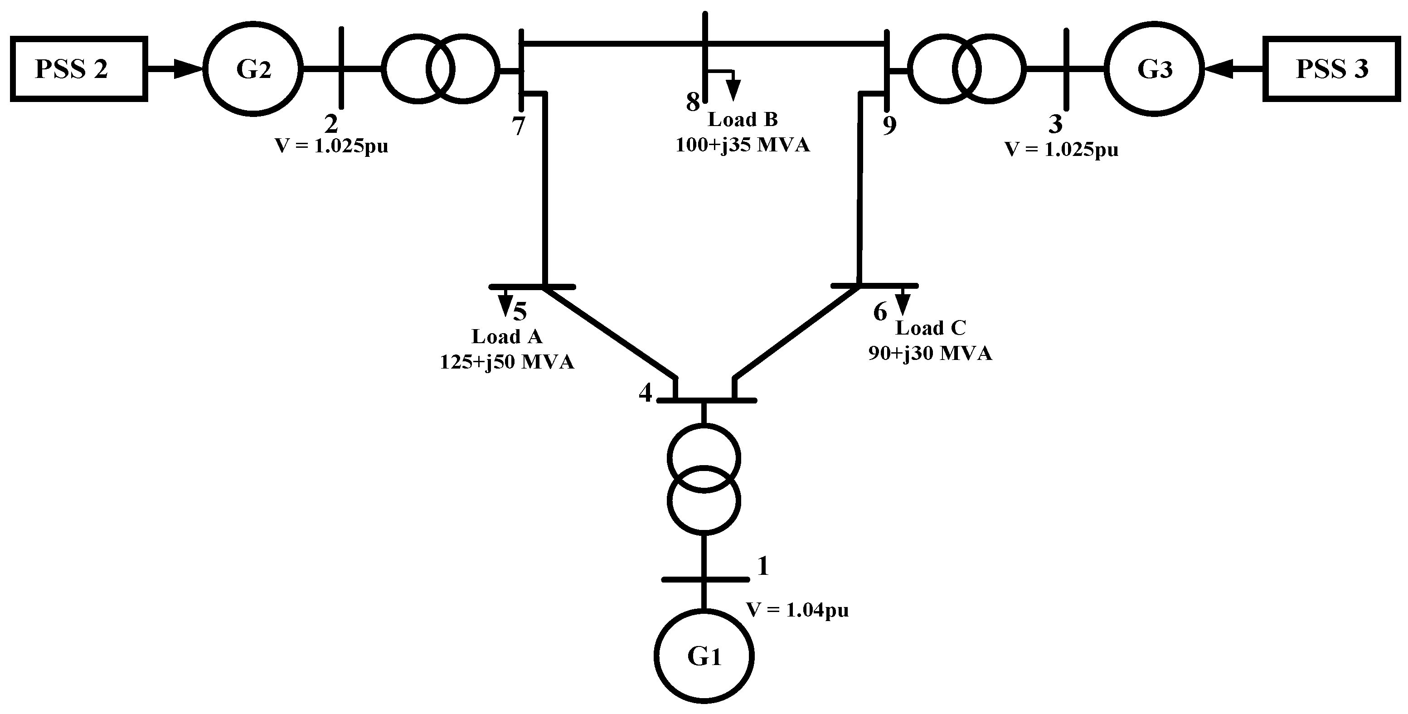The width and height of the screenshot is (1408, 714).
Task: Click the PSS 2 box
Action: pyautogui.click(x=79, y=69)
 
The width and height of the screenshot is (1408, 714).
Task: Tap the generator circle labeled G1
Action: pyautogui.click(x=704, y=656)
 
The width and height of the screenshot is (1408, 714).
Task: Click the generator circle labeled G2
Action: pyautogui.click(x=253, y=69)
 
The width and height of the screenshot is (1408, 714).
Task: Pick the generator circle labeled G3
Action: pyautogui.click(x=1155, y=69)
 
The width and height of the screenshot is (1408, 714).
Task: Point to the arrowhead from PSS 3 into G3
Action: pyautogui.click(x=1219, y=69)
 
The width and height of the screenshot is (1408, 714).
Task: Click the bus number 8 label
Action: pyautogui.click(x=693, y=102)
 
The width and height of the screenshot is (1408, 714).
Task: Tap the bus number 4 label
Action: pyautogui.click(x=646, y=393)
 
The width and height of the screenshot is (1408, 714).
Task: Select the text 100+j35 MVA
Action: pyautogui.click(x=742, y=145)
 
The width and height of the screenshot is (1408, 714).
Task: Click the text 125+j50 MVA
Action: pyautogui.click(x=507, y=362)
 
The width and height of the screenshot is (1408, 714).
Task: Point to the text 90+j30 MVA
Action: pyautogui.click(x=930, y=353)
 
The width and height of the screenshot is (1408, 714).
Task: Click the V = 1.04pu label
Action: pyautogui.click(x=797, y=610)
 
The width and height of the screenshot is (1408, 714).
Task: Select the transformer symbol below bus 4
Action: pyautogui.click(x=704, y=478)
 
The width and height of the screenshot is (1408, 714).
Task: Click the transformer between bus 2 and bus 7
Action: pyautogui.click(x=440, y=69)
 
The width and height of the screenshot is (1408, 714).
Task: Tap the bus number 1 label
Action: pyautogui.click(x=763, y=566)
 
